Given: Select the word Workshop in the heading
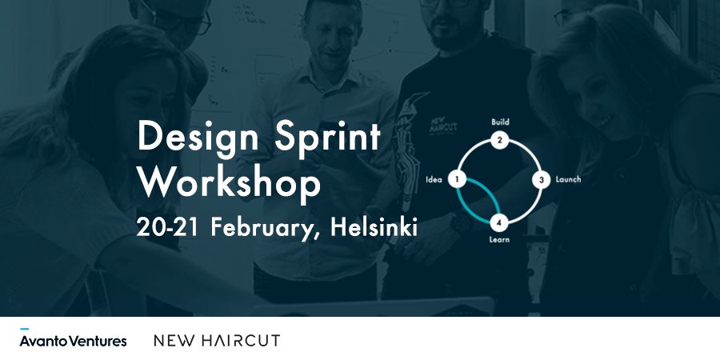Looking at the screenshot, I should [x=230, y=182].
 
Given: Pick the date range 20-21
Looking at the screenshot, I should [x=169, y=226].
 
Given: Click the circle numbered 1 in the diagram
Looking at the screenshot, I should [x=457, y=179].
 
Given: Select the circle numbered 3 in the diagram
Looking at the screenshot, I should [x=541, y=179].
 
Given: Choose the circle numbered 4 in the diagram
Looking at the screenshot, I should [x=498, y=222].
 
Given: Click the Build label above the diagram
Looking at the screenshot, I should [x=500, y=122].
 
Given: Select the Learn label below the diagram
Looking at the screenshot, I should [x=498, y=238].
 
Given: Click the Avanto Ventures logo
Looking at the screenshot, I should [x=73, y=340].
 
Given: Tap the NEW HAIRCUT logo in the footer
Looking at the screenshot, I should [x=217, y=340].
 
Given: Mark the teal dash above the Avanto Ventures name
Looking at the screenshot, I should [x=25, y=329].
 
